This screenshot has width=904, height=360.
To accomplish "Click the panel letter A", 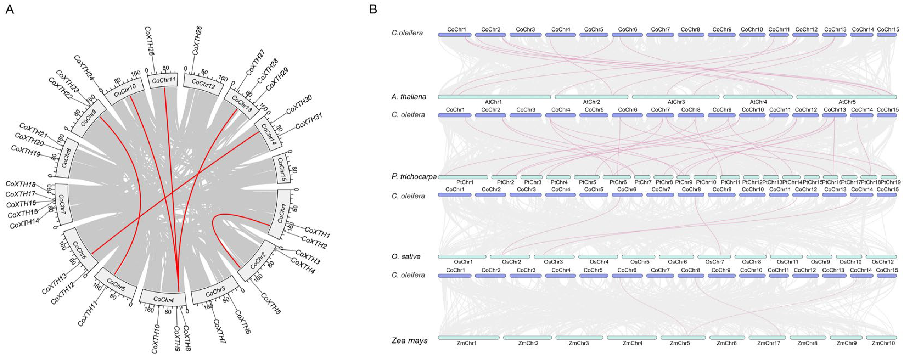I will click(10, 10).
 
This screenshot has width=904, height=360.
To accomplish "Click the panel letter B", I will click(373, 10).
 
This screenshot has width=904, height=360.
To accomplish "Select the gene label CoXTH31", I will click(309, 121).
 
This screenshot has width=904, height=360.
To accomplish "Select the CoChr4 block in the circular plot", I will click(164, 299).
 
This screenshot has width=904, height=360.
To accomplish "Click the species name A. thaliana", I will click(409, 97).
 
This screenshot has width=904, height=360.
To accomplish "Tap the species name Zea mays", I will click(409, 340).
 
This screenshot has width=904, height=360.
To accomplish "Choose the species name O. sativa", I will click(406, 257).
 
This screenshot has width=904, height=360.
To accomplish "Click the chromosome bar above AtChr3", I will click(676, 97).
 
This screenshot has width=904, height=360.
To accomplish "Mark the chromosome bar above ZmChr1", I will click(468, 337).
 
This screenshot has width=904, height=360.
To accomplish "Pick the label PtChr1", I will click(465, 182).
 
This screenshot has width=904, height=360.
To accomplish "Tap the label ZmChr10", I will click(883, 343).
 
